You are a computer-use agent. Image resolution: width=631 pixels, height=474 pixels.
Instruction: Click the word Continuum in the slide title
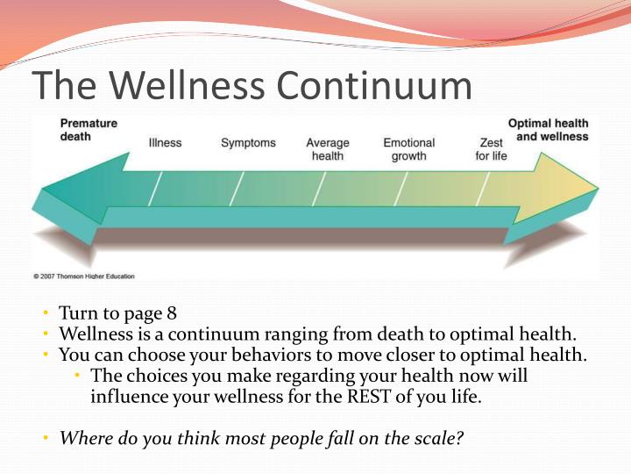(x=372, y=85)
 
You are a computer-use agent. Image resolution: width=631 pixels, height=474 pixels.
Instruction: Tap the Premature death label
(x=88, y=131)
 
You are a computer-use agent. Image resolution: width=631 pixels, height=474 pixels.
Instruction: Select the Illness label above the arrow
(x=165, y=143)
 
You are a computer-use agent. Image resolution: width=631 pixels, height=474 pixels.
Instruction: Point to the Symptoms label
(x=248, y=143)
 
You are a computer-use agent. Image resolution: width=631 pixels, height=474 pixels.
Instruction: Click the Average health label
(x=327, y=149)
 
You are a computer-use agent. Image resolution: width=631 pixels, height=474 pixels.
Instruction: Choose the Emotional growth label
(x=408, y=149)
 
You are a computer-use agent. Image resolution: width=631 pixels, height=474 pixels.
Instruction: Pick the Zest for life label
(x=491, y=149)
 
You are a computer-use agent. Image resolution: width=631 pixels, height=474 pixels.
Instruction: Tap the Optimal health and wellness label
(x=548, y=131)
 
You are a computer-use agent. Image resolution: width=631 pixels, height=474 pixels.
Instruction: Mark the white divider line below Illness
(x=155, y=188)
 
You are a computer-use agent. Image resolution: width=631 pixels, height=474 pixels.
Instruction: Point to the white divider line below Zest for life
(x=485, y=188)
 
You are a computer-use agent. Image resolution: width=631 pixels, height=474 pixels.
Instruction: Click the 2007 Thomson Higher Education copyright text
(x=84, y=276)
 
